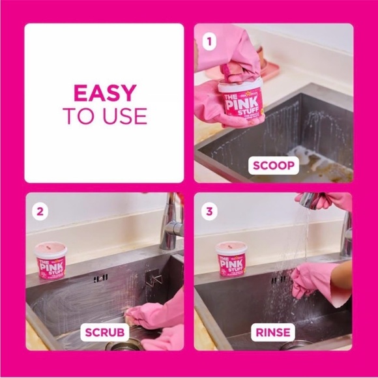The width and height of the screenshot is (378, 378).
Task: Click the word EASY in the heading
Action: tap(104, 93)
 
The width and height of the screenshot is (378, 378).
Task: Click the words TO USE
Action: tap(104, 116)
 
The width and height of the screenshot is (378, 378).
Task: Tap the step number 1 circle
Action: tap(209, 42)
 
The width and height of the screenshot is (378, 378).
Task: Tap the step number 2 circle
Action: tap(40, 211)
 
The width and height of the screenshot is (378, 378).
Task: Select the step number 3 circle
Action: tap(209, 211)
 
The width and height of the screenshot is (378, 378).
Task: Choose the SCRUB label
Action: tap(104, 333)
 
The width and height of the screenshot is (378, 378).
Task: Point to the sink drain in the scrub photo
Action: tap(117, 346)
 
